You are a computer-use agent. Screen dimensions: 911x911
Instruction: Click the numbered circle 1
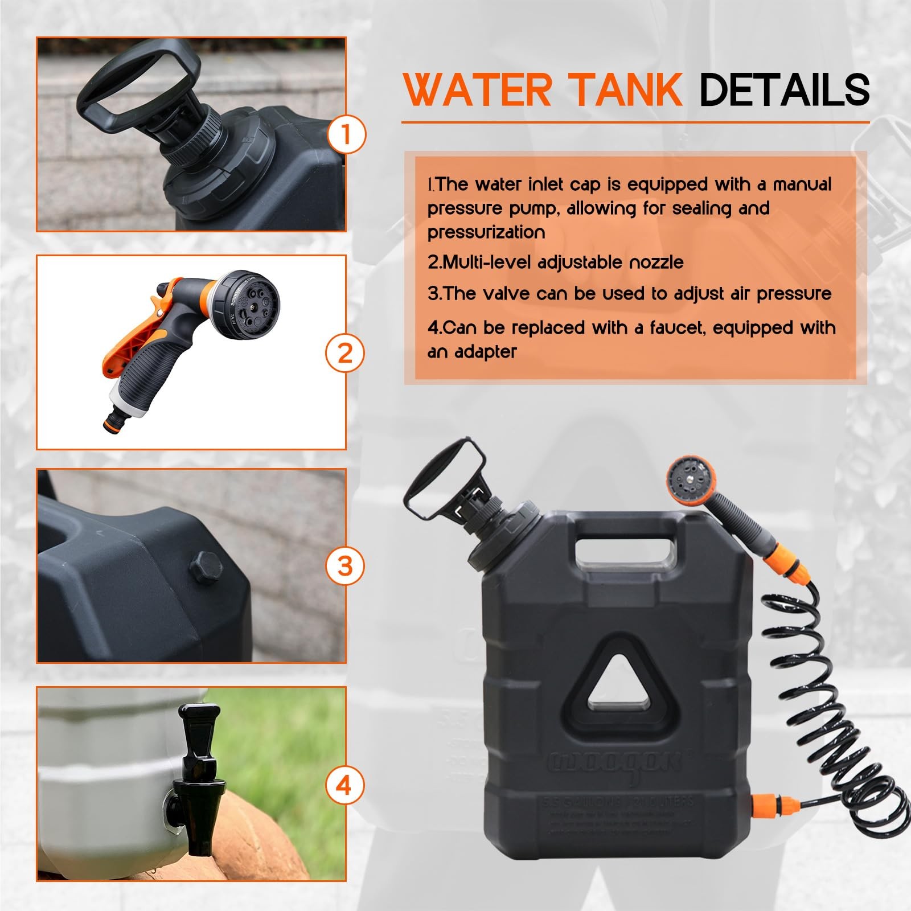click(346, 134)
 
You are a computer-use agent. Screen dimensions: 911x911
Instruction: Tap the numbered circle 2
click(345, 354)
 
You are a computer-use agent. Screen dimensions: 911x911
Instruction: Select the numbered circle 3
click(345, 566)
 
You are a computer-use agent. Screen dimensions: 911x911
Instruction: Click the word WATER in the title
click(477, 90)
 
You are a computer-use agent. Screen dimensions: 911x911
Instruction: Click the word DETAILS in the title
click(784, 90)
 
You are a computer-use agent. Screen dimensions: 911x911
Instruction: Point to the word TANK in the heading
click(626, 90)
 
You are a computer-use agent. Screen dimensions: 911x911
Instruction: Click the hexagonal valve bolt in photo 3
click(206, 567)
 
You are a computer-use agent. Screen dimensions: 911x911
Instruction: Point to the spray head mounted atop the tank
click(690, 481)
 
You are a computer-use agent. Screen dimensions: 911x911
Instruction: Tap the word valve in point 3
click(505, 294)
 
